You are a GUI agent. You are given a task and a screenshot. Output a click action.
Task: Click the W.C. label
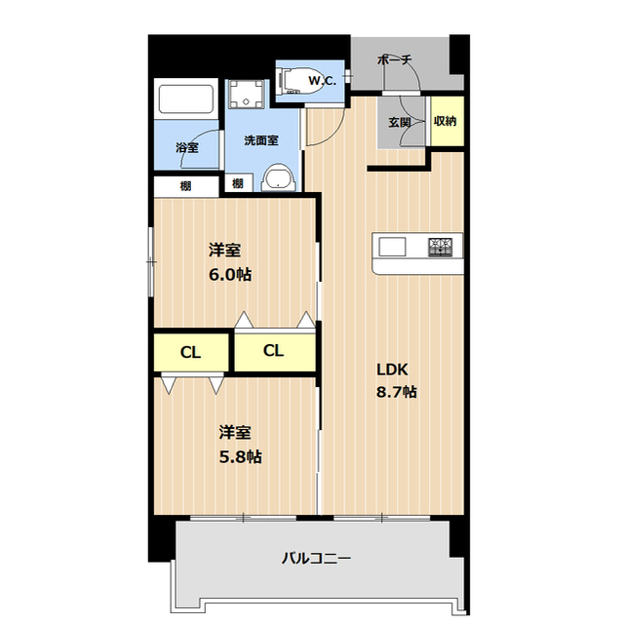[323, 81]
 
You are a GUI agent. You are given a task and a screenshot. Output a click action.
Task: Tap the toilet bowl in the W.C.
[297, 81]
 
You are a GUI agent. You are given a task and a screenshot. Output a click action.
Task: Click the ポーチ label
[394, 60]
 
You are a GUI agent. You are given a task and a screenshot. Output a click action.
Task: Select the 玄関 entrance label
[399, 123]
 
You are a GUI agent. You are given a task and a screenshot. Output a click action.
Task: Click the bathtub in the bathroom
[186, 102]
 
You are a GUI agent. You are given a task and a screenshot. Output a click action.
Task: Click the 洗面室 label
[260, 139]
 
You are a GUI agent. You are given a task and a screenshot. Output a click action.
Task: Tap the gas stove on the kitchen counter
[440, 246]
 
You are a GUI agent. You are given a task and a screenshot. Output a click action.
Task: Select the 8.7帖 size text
[397, 392]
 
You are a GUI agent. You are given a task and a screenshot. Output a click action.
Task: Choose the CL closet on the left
[191, 353]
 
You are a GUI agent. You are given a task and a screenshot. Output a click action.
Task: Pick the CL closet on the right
[274, 351]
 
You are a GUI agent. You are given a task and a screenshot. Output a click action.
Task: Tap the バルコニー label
[316, 559]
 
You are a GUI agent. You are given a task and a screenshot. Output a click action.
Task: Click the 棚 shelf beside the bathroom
[185, 185]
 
